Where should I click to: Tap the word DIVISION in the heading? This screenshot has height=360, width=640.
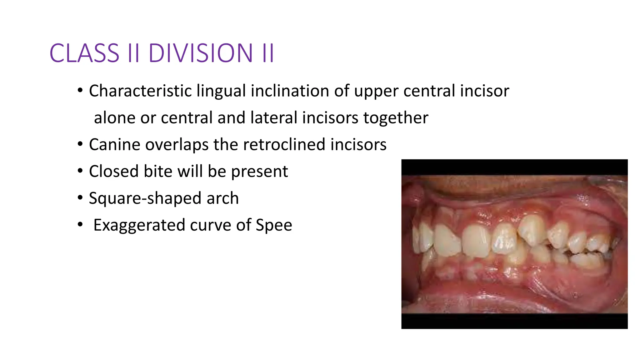[x=200, y=53]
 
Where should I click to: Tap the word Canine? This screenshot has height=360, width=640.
[x=115, y=145]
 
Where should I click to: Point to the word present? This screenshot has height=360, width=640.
[x=259, y=172]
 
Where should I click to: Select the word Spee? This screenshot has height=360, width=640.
[x=274, y=225]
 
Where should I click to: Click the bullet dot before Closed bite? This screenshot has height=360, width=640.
[x=80, y=171]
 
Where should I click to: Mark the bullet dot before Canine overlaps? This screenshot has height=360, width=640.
[x=80, y=144]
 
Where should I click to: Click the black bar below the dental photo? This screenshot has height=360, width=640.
[x=514, y=321]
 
